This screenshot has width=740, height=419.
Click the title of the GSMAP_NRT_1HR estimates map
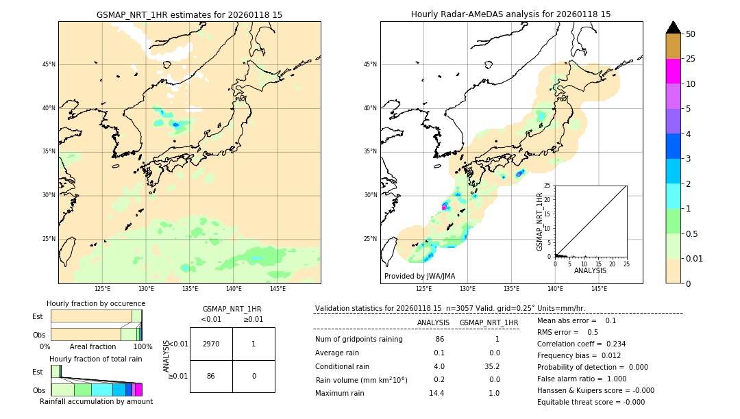coord(189,14)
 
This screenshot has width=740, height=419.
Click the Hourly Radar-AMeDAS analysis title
coord(510,14)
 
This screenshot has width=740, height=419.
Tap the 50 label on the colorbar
coord(691,34)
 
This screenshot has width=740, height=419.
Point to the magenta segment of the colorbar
coord(673,71)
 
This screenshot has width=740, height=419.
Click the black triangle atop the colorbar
coord(673,27)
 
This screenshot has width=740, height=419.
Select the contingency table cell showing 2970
coord(211,344)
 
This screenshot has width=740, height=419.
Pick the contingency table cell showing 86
coord(211,376)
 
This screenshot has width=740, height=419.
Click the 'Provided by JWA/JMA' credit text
coord(419,276)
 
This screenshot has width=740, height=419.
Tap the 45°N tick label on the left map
coord(49,64)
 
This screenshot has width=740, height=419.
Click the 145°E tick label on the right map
coord(599,289)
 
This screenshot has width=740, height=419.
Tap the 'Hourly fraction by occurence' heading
coord(96,303)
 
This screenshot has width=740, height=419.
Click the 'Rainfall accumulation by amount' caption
coord(96,401)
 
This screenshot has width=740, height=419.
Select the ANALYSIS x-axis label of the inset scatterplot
coord(590,270)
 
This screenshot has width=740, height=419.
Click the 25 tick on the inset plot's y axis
coord(547,186)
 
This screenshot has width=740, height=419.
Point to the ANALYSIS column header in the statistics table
coord(433,322)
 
